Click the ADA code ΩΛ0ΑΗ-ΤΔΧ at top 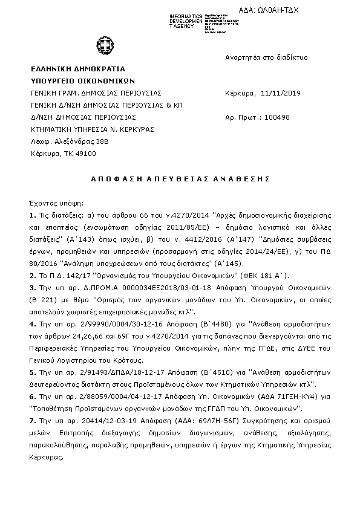[278, 11]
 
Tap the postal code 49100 [83, 154]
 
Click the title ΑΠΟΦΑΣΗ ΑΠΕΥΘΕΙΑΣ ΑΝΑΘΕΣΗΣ [181, 180]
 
